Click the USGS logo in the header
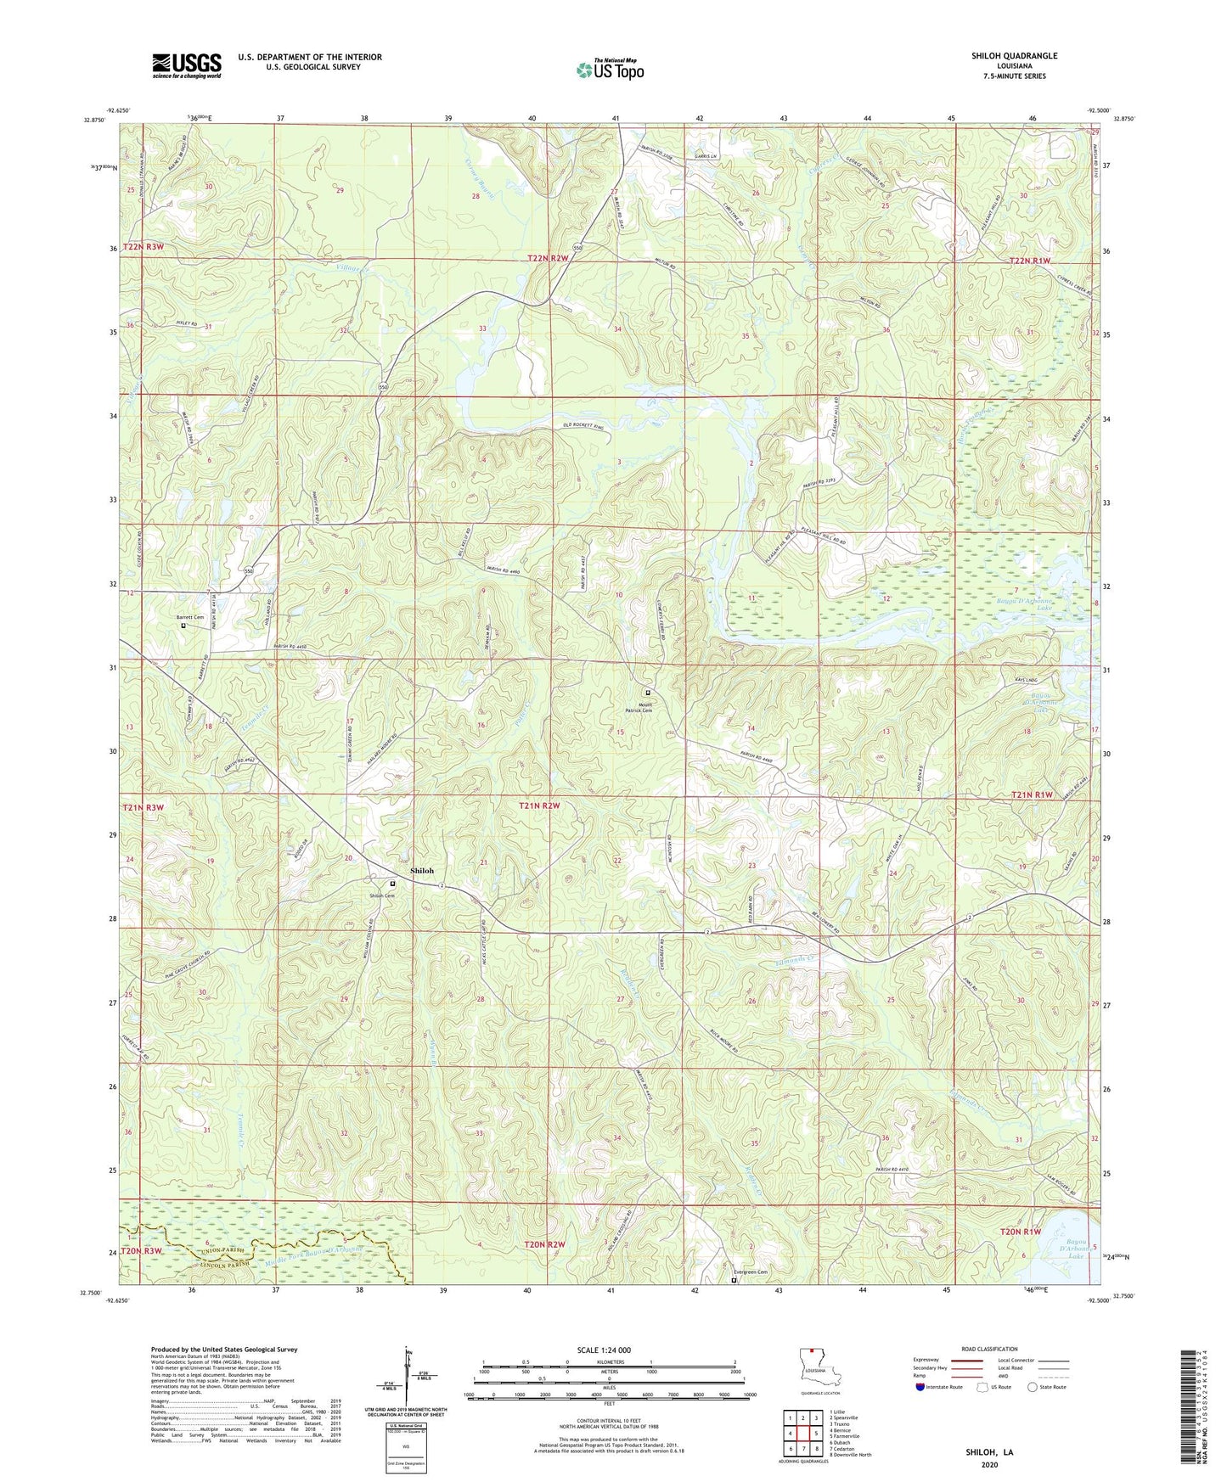pos(187,65)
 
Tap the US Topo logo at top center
pos(610,70)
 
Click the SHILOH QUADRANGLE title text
pos(1014,56)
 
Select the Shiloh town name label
pos(422,871)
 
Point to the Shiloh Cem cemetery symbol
pos(392,884)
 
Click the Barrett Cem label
pos(190,617)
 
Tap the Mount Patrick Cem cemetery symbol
pos(648,693)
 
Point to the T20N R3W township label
pos(142,1251)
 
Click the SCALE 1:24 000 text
pos(604,1350)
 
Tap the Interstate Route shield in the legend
pos(920,1387)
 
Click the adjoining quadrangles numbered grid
pos(802,1435)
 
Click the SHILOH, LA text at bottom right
pos(989,1452)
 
